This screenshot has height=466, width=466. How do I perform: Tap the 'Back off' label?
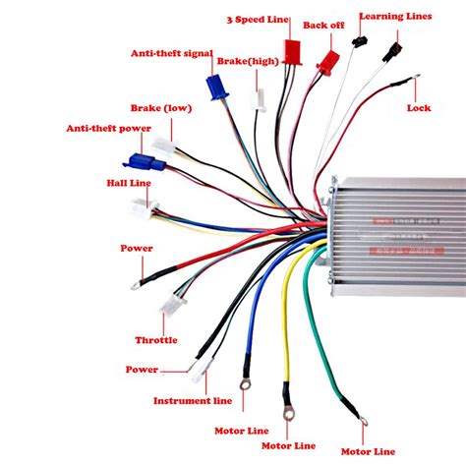point(323,25)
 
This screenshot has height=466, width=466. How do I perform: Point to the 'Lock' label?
point(419,107)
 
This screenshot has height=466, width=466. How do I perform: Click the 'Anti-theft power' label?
point(108,128)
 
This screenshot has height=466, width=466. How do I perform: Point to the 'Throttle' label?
point(155,340)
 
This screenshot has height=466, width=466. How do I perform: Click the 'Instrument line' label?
point(193,400)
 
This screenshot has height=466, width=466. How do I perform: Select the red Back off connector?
point(324,61)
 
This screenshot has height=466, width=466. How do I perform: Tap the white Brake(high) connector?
point(259,99)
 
